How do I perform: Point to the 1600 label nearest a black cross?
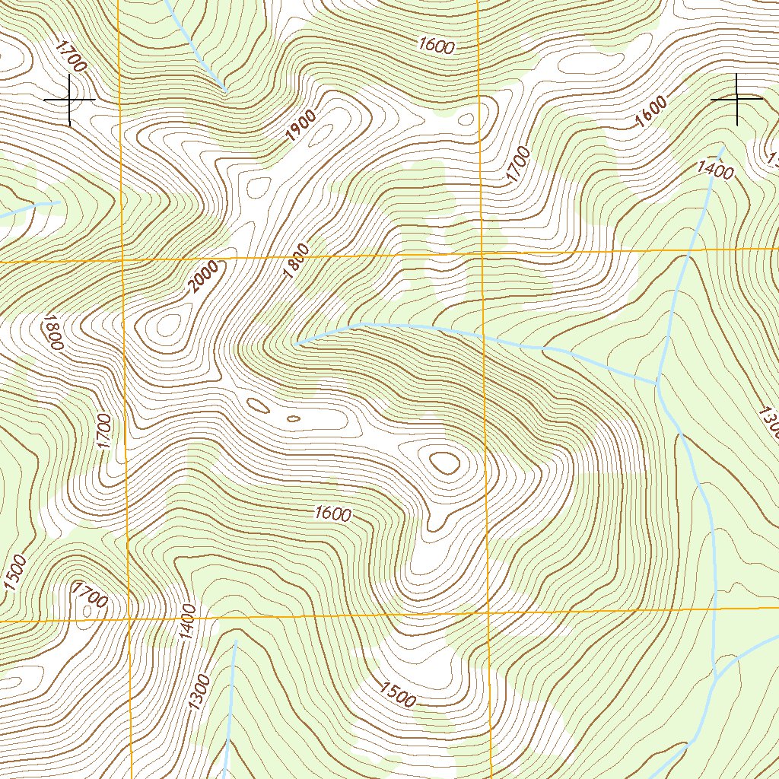coord(650,113)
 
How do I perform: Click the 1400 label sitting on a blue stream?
coord(715,170)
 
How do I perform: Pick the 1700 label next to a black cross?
coord(72,56)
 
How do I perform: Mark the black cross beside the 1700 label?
coord(69,100)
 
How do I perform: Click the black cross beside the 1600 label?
coord(736,99)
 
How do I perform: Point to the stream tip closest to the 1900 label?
coord(225,91)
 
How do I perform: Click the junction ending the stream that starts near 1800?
coord(657,383)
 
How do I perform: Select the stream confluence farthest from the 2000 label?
coord(716,677)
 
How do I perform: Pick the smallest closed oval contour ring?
coord(293,418)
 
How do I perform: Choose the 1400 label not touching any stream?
coord(189,622)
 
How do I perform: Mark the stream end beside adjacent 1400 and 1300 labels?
coord(234,641)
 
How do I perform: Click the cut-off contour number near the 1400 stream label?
coord(773,161)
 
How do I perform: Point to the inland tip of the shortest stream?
coord(59,202)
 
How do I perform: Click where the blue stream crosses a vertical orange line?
coord(482,334)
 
